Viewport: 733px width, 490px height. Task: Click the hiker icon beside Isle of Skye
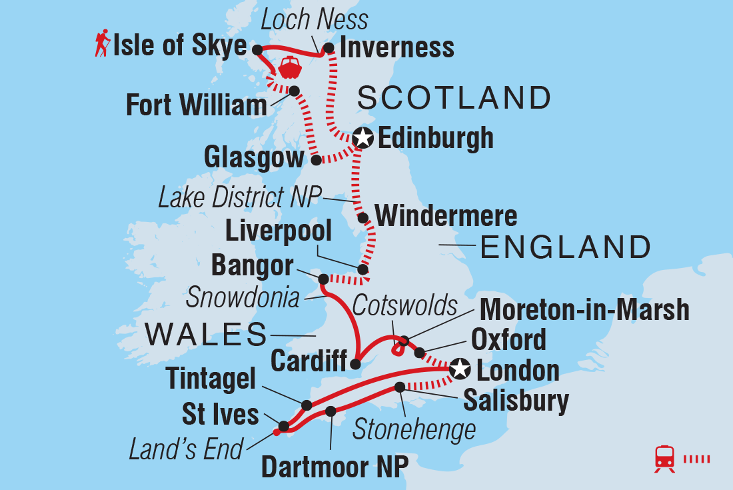click(x=102, y=45)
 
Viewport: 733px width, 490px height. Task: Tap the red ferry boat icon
click(x=291, y=68)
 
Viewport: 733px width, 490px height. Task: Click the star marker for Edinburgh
click(x=363, y=138)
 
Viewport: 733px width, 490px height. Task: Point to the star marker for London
click(x=459, y=369)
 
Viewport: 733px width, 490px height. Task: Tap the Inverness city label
click(x=397, y=47)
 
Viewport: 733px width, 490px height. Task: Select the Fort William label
click(x=196, y=106)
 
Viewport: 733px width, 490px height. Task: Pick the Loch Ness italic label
click(x=314, y=19)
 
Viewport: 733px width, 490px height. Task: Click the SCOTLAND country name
click(x=454, y=98)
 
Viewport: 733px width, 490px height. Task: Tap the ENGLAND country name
click(x=565, y=247)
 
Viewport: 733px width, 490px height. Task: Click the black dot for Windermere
click(x=363, y=218)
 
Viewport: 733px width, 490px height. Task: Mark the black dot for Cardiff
click(x=355, y=364)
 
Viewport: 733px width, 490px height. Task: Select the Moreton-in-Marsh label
click(x=584, y=311)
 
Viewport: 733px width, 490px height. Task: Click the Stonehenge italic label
click(x=414, y=429)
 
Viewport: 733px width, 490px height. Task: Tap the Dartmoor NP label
click(x=334, y=467)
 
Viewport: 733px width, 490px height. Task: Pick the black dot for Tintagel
click(x=307, y=405)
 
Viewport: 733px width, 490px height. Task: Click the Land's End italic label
click(x=187, y=450)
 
